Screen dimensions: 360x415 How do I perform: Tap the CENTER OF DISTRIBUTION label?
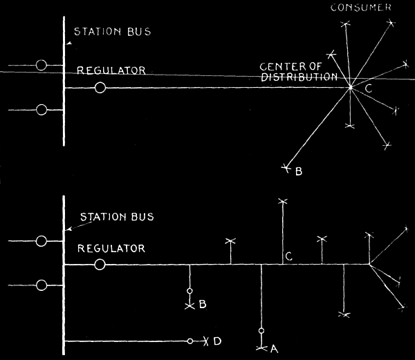tap(298, 72)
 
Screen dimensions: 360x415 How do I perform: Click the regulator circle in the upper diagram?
tap(101, 88)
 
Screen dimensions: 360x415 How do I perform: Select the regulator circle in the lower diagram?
tap(100, 265)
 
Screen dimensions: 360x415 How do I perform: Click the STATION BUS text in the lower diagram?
tap(117, 217)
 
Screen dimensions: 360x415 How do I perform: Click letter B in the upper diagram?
tap(299, 171)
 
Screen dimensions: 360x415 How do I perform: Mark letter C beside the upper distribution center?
tap(368, 88)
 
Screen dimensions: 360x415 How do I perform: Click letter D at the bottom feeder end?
tap(217, 341)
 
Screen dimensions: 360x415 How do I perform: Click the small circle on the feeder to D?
tap(190, 341)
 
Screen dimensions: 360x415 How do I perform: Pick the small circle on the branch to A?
tap(261, 330)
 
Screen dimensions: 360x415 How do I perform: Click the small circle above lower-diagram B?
tap(190, 292)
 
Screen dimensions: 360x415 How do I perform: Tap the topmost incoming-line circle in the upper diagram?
tap(41, 66)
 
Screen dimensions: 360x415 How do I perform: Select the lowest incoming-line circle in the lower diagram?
tap(41, 285)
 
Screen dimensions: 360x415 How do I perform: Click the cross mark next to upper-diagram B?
tap(286, 166)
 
